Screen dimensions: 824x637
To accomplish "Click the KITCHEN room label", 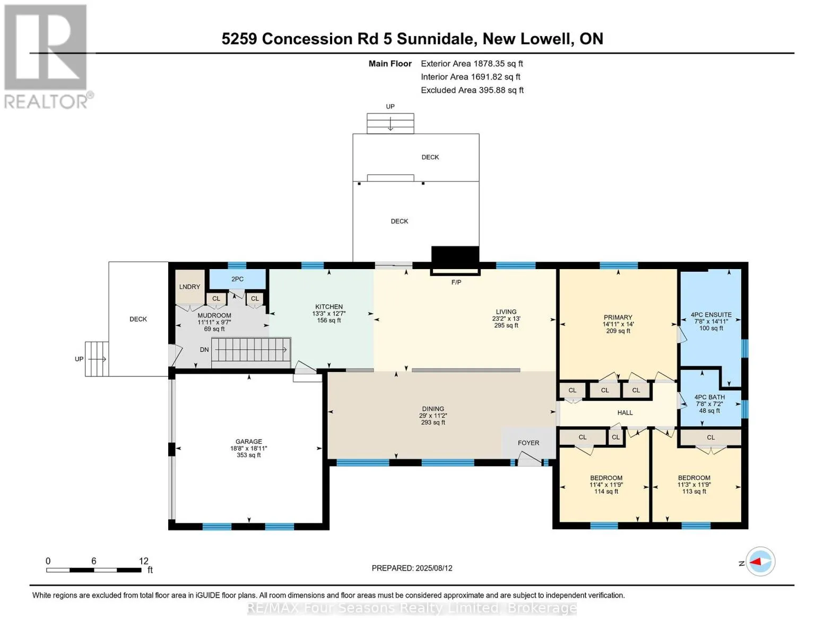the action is coord(329,306).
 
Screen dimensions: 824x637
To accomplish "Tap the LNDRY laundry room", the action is coord(189,287).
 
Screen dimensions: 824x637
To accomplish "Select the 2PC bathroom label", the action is coord(237,279).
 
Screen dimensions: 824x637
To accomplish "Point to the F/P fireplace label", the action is coord(456,282).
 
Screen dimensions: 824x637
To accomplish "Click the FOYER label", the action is coord(528,443).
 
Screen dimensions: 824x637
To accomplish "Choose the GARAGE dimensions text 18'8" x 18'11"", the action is coord(249,448).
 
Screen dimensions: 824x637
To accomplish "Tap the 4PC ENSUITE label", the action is coord(711,314).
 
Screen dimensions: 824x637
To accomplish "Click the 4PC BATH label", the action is coord(709,397).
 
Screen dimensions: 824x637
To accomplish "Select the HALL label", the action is coord(625,412).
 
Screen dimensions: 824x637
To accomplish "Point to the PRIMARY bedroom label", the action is coord(618,317).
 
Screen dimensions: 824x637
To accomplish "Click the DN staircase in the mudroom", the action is coord(251,349).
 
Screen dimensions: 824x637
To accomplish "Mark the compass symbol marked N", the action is coord(760,562).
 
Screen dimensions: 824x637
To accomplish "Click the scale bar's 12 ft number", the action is coord(143,561).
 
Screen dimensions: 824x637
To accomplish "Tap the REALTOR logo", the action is coord(47,57).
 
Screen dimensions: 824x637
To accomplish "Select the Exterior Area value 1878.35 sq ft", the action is coord(498,64).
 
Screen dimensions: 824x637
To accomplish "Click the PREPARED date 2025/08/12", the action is coord(434,568).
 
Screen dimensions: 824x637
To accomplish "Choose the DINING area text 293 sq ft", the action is coord(433,422).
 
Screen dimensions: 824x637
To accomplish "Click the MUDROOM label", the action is coord(214,315).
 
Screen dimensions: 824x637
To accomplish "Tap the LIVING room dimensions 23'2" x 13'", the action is coord(506,318).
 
